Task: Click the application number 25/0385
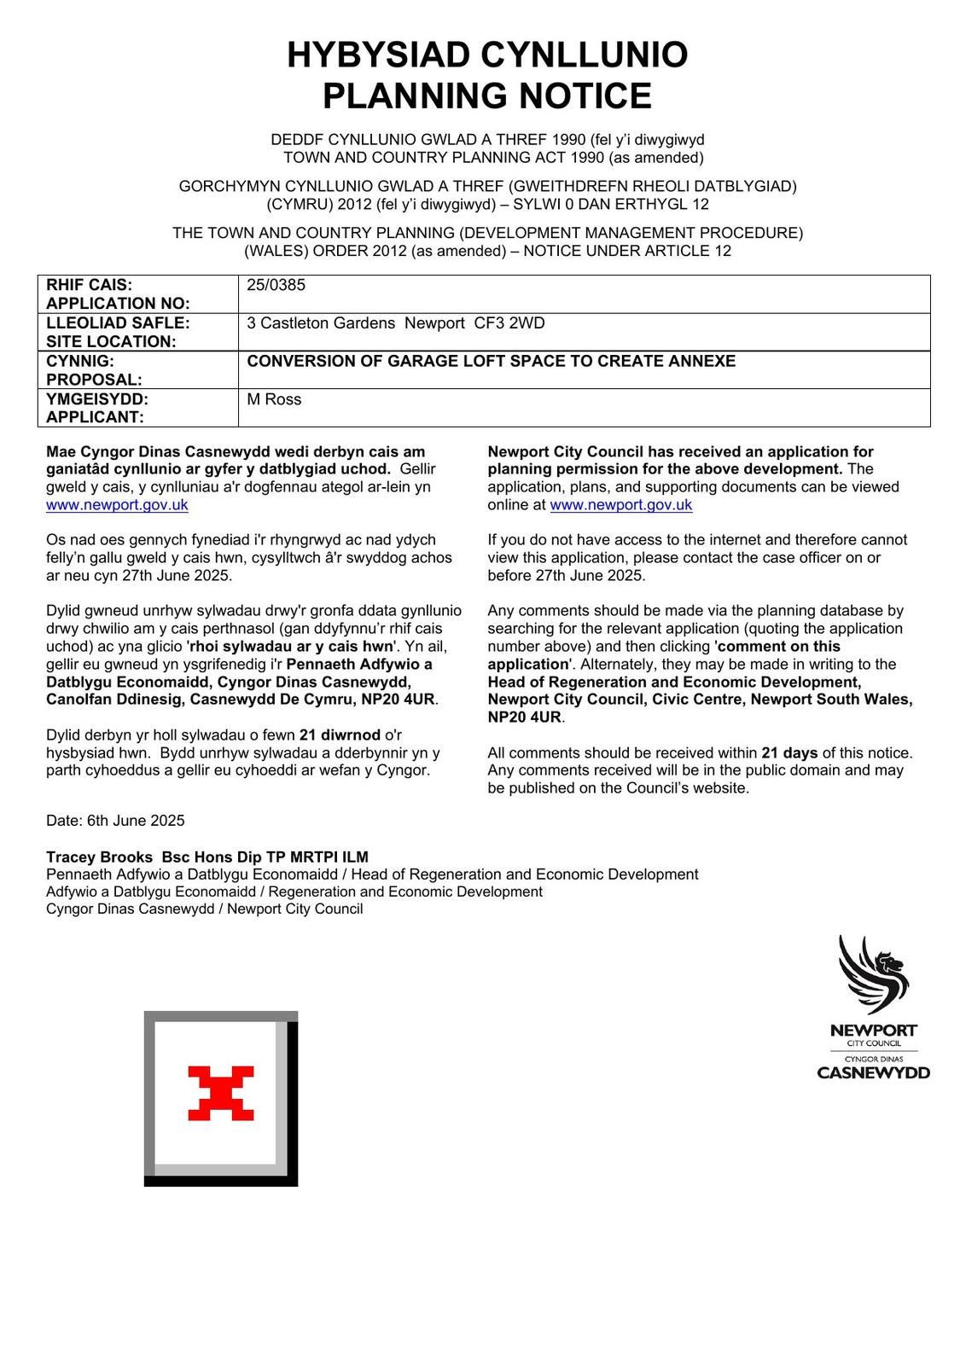click(x=276, y=285)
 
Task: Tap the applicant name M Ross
click(x=274, y=399)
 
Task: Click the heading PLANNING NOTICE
click(x=486, y=96)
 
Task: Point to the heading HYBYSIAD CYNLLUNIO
click(x=486, y=55)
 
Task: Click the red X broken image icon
click(x=221, y=1093)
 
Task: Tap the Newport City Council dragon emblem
click(x=873, y=975)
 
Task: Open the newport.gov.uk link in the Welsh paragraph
click(x=117, y=505)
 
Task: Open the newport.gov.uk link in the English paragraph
click(x=620, y=505)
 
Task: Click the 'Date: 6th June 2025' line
click(x=115, y=821)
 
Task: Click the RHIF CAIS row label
click(x=90, y=285)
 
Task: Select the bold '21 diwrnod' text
click(x=340, y=735)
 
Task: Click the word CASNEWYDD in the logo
click(x=873, y=1072)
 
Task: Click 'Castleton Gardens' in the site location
click(x=328, y=323)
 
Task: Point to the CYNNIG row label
click(x=80, y=361)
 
